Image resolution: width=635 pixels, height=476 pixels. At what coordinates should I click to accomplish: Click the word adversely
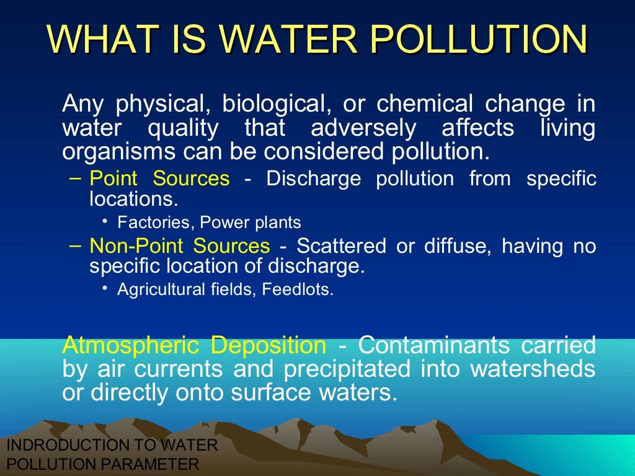pos(363,128)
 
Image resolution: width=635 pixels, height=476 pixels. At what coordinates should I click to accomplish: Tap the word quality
pos(183,128)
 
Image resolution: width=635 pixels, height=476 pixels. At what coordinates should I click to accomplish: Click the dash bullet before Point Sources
pos(75,178)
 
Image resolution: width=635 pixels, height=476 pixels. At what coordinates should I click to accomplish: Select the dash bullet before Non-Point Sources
pos(75,246)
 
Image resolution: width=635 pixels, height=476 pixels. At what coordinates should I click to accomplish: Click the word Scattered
pos(341,246)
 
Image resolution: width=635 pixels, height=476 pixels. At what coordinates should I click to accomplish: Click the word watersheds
pos(533,369)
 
